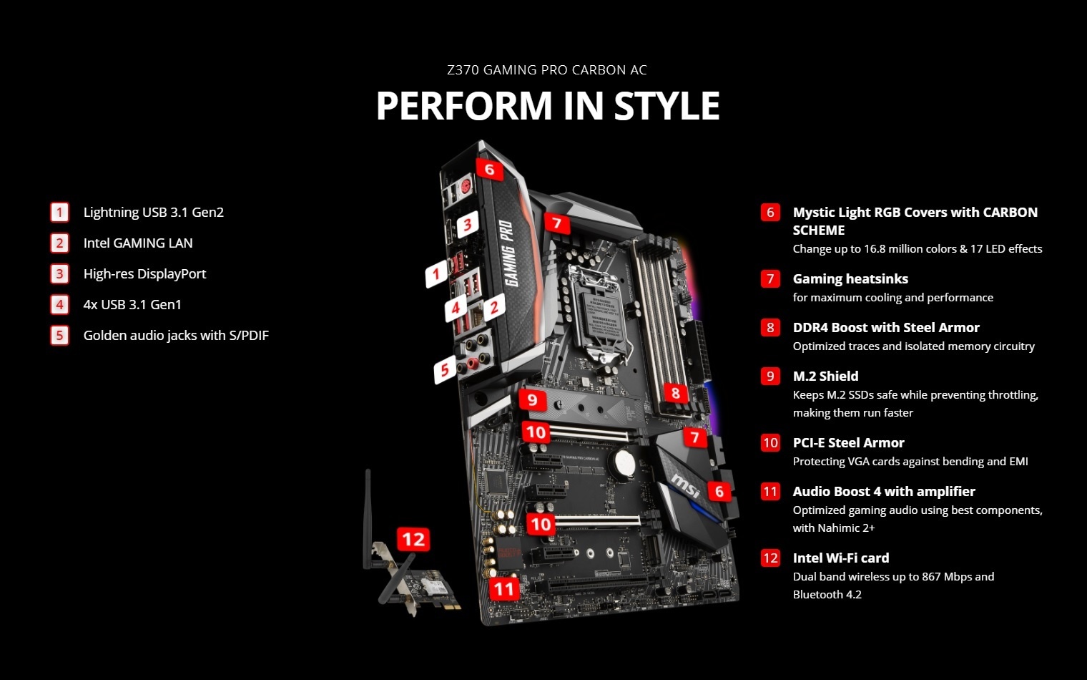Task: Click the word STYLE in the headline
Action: (x=667, y=105)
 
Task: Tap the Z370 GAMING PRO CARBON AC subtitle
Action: (x=547, y=70)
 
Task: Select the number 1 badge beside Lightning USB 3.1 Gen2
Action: (x=59, y=213)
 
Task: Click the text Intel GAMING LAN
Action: (x=138, y=243)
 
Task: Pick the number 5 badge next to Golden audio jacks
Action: (x=59, y=335)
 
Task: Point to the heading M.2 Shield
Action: (x=825, y=376)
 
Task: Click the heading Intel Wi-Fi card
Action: (x=841, y=558)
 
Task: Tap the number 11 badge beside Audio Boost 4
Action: (x=770, y=492)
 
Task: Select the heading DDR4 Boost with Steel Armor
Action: (x=886, y=327)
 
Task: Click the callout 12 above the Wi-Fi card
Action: (x=413, y=539)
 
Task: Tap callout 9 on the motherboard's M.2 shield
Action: (x=532, y=399)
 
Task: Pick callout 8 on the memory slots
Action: (x=675, y=392)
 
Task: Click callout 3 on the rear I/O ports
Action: (x=467, y=224)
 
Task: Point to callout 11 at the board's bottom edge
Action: (x=503, y=588)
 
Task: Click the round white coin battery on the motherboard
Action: (x=624, y=463)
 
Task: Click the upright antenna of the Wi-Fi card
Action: (x=368, y=519)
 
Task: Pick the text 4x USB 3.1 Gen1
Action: (x=132, y=304)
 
